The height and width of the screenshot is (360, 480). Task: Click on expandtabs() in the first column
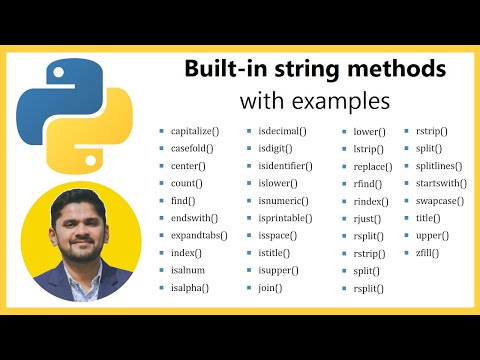(199, 236)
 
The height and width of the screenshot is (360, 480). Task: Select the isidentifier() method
(285, 166)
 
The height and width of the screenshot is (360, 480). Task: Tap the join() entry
(270, 288)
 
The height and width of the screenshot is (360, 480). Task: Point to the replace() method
(373, 166)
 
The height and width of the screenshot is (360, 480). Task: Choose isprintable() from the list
(284, 218)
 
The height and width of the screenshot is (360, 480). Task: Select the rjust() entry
(367, 218)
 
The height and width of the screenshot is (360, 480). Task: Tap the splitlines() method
(438, 166)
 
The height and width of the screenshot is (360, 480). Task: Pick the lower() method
(369, 132)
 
